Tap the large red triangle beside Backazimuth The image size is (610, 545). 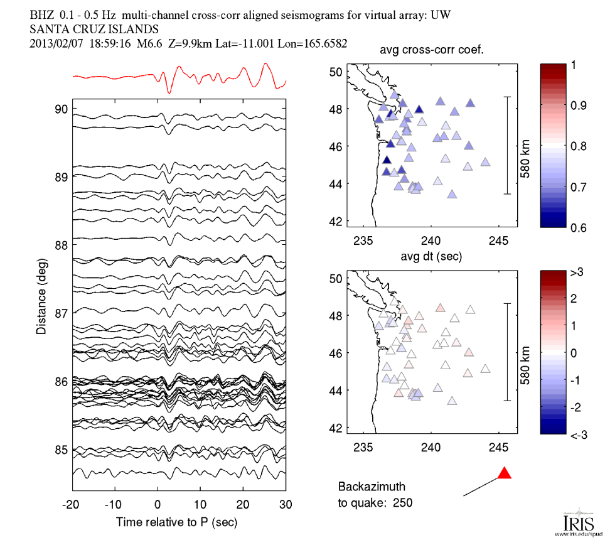[504, 473]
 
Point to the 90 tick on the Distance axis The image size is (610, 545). [61, 109]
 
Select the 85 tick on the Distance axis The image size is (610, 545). [61, 450]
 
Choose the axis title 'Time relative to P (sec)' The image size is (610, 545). [179, 522]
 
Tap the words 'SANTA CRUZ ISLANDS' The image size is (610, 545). [94, 29]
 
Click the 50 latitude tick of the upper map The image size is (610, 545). [336, 72]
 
